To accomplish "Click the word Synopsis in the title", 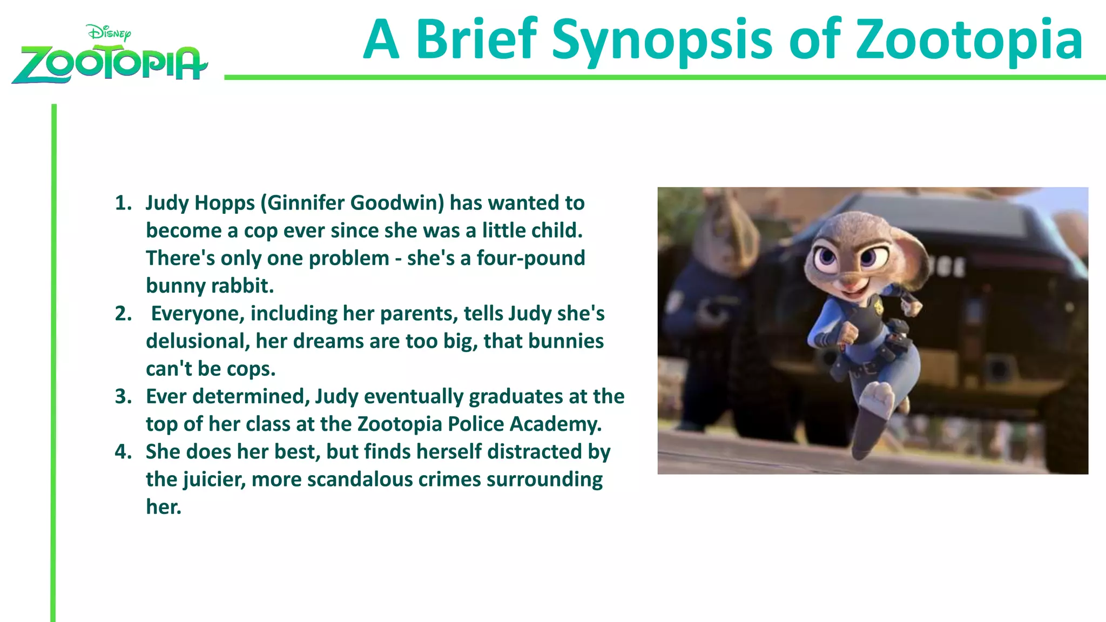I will click(x=662, y=40).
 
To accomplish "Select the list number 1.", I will click(x=123, y=203).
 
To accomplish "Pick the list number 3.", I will click(x=123, y=396).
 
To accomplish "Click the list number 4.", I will click(x=123, y=452).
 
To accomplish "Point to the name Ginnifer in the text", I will click(x=306, y=203).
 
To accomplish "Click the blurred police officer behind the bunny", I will click(x=713, y=302).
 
